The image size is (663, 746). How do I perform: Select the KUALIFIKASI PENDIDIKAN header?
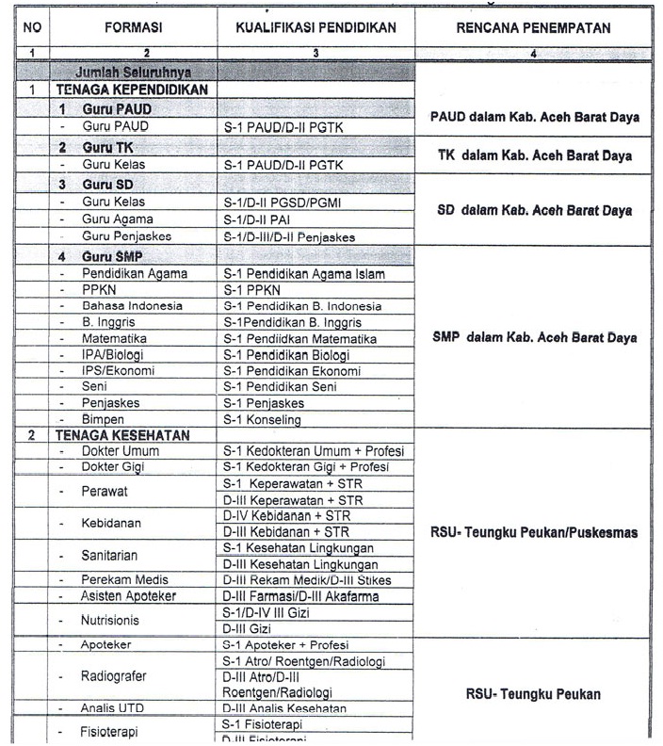click(x=315, y=28)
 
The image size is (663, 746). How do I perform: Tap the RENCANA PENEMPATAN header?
click(x=533, y=28)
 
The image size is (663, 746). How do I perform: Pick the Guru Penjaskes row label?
click(x=126, y=236)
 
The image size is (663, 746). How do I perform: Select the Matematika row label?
click(x=113, y=338)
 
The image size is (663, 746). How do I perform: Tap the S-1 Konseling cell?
click(x=262, y=420)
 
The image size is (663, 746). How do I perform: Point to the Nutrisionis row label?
click(x=118, y=620)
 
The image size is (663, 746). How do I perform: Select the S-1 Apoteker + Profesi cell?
click(x=285, y=645)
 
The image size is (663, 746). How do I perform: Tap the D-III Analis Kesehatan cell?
click(x=284, y=708)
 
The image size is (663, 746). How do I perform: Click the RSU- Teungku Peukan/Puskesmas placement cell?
click(x=533, y=532)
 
